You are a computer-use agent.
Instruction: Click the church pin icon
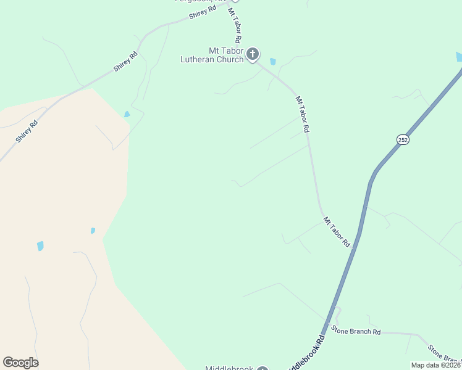pos(252,54)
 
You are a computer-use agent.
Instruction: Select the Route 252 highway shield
pos(403,140)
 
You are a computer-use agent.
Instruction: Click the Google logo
pos(20,363)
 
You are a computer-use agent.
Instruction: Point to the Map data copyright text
pos(436,365)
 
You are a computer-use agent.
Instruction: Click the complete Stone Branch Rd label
pos(356,331)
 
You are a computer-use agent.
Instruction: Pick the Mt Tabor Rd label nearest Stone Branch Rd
pos(336,232)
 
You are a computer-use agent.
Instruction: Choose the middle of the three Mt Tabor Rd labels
pos(302,114)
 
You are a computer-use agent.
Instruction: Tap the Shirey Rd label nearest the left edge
pos(28,131)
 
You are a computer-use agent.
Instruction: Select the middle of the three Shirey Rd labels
pos(125,62)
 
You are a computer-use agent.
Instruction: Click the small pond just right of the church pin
pos(273,62)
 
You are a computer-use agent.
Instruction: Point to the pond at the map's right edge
pos(459,57)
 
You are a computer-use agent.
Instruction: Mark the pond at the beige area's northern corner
pos(127,114)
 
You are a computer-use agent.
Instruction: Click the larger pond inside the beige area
pos(40,246)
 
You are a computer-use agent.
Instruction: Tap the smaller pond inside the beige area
pos(93,231)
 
